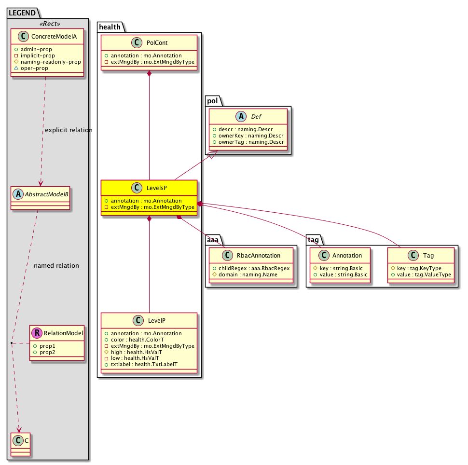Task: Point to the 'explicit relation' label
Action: coord(68,130)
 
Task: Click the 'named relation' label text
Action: coord(56,265)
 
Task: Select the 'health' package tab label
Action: coord(110,27)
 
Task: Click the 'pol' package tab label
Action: coord(213,101)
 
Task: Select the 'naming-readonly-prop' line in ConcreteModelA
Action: coord(50,62)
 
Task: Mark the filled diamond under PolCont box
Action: coord(150,73)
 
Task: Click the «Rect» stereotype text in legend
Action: coord(48,24)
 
